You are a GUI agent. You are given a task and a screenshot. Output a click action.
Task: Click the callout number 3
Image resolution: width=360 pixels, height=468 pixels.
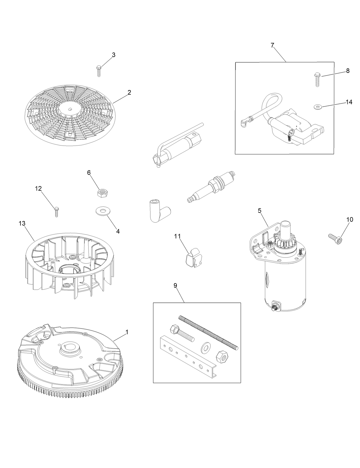[114, 55]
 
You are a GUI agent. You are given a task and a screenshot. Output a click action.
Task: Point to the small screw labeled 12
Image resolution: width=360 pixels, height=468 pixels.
[56, 212]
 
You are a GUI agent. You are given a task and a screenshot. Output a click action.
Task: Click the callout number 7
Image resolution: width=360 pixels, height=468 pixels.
[272, 45]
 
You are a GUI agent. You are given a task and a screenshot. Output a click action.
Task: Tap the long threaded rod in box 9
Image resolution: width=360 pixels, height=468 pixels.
[208, 333]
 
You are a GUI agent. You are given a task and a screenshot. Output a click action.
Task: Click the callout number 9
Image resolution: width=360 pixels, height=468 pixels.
[175, 285]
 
